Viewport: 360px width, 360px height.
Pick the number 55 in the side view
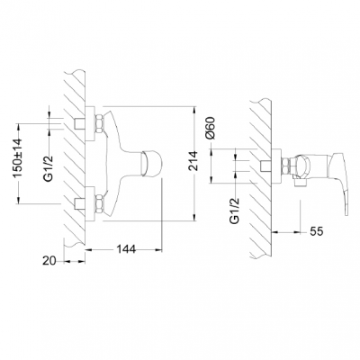(316, 231)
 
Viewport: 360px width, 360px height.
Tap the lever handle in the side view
(329, 184)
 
